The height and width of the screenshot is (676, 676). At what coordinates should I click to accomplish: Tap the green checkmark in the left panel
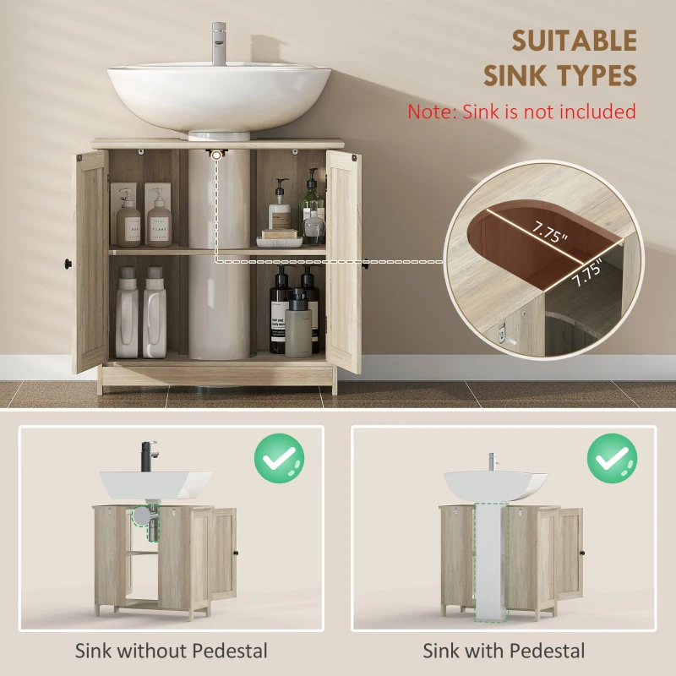280,459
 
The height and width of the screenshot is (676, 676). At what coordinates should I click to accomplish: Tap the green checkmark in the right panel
612,459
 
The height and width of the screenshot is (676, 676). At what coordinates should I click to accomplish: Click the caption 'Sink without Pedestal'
172,651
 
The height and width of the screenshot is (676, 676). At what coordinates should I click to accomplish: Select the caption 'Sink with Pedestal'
504,651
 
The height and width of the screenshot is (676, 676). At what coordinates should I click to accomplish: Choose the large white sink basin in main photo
219,97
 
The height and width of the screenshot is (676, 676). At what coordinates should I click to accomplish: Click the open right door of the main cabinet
344,262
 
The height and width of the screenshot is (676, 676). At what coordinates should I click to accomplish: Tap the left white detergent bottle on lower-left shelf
127,313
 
